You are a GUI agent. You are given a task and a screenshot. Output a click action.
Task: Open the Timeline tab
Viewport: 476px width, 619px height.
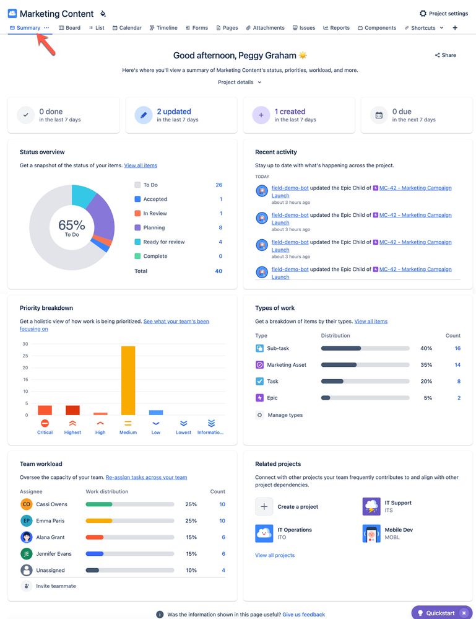163,28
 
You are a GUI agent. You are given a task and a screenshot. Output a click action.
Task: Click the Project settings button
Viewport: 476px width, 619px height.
443,14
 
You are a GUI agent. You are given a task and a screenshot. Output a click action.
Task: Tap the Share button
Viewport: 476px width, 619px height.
445,55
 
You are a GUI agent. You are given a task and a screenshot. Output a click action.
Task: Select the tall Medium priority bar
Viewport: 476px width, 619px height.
128,380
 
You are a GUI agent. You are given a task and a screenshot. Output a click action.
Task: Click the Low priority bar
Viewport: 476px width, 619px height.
156,412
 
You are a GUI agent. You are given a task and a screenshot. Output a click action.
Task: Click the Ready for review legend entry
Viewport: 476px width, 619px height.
163,242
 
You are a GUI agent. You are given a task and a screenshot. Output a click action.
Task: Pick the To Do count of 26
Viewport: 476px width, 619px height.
219,185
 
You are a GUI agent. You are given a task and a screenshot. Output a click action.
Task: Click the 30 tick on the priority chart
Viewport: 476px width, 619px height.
25,344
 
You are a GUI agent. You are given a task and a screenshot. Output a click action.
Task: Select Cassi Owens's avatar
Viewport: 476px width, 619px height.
26,504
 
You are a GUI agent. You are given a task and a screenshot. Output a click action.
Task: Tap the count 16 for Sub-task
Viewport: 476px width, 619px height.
457,348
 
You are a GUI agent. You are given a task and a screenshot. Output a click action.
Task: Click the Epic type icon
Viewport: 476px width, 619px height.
259,398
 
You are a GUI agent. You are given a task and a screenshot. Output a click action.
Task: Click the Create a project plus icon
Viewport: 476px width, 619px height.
264,506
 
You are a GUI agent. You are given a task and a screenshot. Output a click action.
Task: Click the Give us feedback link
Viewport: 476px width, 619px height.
303,614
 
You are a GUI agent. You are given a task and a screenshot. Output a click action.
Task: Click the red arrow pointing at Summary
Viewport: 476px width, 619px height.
46,43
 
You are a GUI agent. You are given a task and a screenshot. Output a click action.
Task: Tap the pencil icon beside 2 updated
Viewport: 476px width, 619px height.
143,115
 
